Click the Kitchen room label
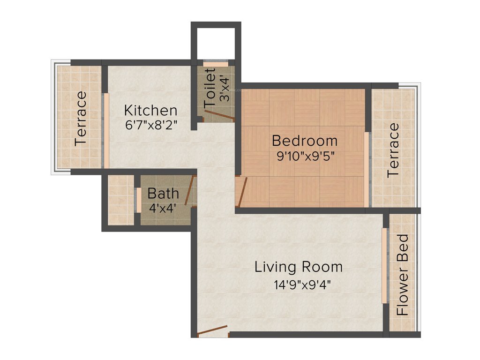point(150,111)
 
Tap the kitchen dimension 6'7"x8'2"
point(150,125)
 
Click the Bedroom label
point(304,141)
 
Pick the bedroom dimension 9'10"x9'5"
point(305,156)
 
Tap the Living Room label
point(299,267)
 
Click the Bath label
point(163,193)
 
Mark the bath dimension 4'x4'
point(163,207)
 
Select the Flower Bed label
point(403,274)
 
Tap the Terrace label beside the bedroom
point(393,150)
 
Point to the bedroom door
point(242,191)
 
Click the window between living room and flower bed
point(384,266)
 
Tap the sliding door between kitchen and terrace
point(106,131)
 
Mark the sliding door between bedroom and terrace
point(367,170)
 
